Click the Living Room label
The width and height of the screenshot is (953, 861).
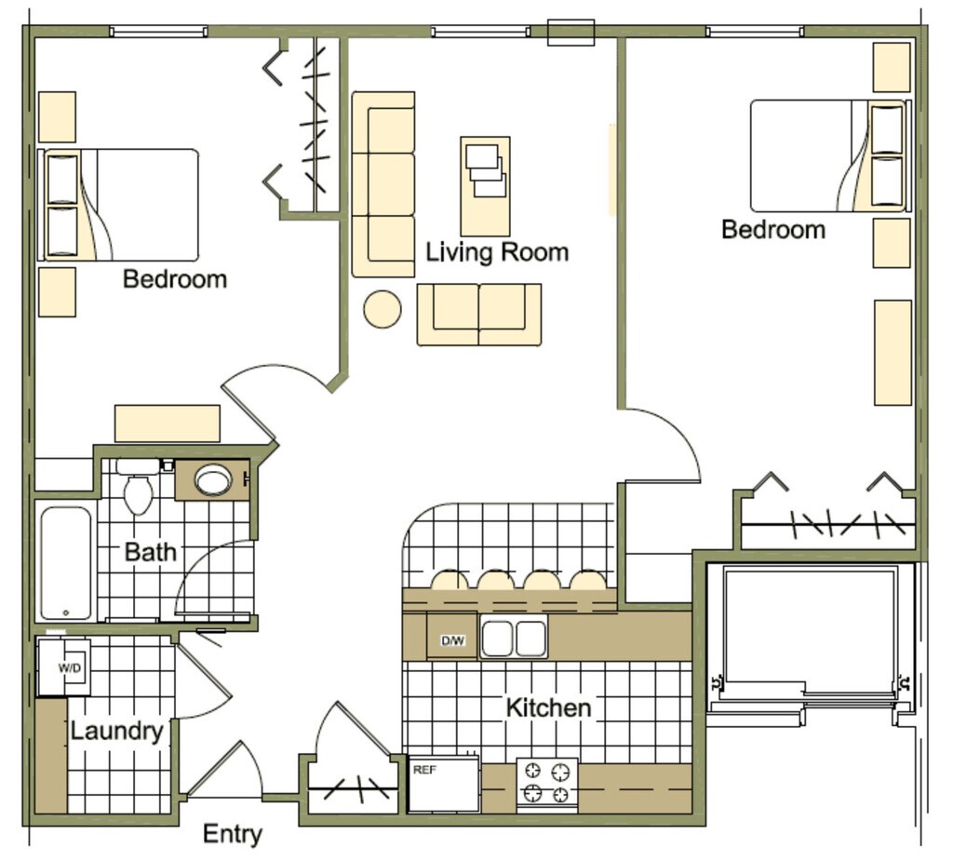point(496,252)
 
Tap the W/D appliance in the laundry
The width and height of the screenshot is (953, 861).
point(64,667)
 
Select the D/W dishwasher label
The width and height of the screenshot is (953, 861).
point(452,640)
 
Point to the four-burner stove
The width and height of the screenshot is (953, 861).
point(547,784)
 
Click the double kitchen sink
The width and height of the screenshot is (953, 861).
point(514,639)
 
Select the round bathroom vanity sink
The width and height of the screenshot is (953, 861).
point(213,480)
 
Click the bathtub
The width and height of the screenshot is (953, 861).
point(66,562)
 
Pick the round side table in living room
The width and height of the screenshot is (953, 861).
point(382,309)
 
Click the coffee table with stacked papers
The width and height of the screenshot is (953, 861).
point(485,186)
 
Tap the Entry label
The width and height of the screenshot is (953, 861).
point(232,834)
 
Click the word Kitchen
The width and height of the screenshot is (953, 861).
point(548,707)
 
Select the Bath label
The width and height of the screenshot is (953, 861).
point(150,552)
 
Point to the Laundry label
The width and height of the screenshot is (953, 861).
point(116,732)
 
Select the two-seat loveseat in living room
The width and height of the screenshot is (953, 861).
point(478,315)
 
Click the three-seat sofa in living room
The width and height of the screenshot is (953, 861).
point(383,184)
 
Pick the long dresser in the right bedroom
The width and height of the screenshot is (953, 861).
point(893,352)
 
